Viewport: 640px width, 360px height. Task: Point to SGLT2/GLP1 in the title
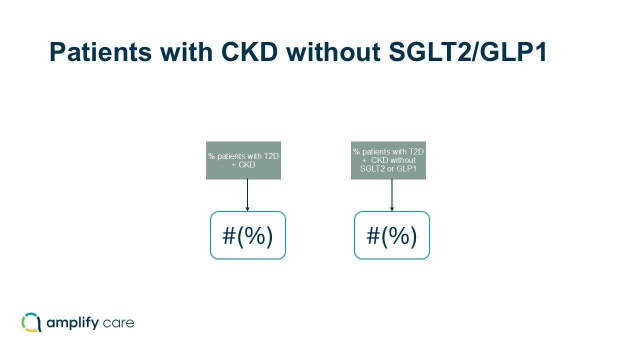[x=468, y=52]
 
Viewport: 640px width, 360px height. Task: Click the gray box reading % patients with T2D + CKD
[x=243, y=160]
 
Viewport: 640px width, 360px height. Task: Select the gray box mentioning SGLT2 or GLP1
[x=388, y=160]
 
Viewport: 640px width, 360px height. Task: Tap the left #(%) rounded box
[x=247, y=235]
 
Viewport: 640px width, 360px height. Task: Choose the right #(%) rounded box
[x=392, y=235]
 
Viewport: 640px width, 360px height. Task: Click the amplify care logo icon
[x=31, y=322]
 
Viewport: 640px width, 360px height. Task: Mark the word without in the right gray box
[x=403, y=160]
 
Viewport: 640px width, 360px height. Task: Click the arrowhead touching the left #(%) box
[x=247, y=209]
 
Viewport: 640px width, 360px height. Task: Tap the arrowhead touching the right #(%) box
[x=392, y=209]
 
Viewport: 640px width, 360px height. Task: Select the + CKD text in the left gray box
[x=243, y=164]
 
